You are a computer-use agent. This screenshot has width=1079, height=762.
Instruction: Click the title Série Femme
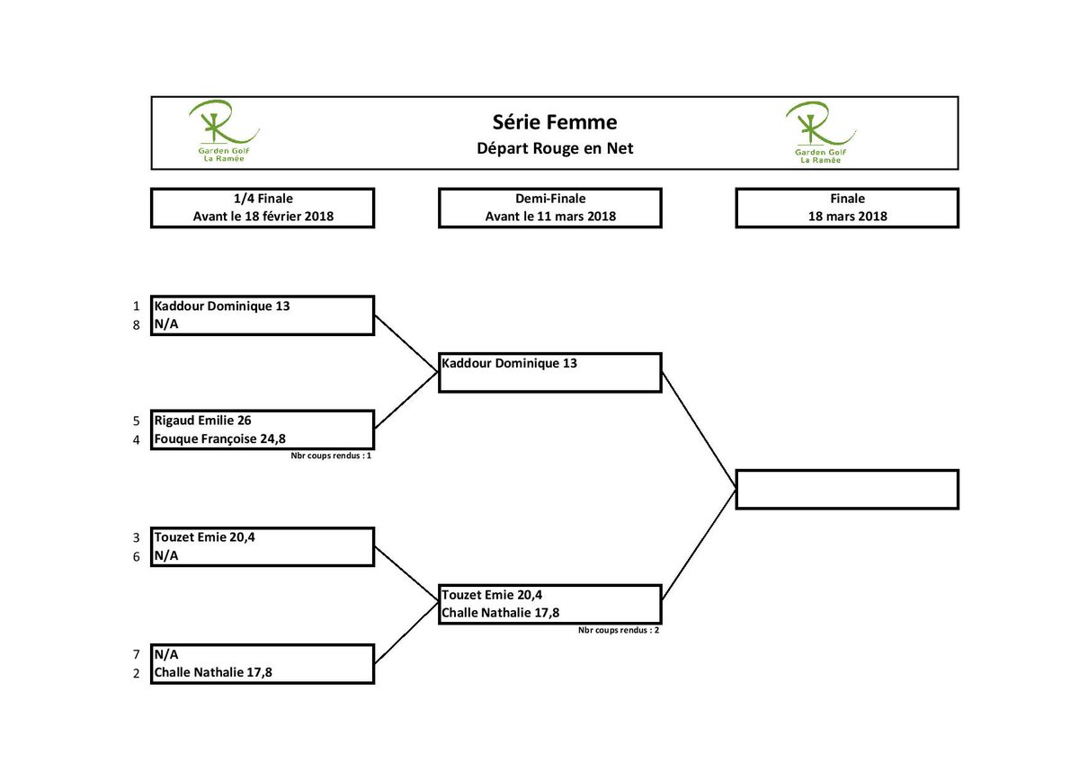click(x=554, y=121)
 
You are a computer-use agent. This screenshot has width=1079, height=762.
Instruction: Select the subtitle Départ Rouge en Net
click(x=554, y=148)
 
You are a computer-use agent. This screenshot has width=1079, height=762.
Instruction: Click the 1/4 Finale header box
click(x=262, y=208)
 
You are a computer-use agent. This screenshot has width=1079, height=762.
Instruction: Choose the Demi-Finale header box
click(x=550, y=208)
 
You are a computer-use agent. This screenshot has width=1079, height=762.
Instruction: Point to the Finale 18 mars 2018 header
click(x=847, y=208)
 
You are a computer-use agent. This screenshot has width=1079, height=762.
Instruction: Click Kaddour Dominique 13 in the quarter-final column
click(x=222, y=306)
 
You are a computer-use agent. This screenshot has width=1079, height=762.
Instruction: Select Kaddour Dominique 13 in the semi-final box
click(x=509, y=364)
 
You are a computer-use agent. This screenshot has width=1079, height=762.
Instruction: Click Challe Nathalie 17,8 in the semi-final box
click(x=501, y=614)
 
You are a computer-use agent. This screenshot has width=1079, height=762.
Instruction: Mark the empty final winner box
click(x=847, y=489)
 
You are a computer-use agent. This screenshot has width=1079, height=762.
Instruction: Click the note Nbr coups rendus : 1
click(x=331, y=456)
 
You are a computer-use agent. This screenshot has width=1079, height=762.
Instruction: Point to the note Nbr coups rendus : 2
click(x=619, y=631)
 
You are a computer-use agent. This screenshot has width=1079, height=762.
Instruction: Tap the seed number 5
click(x=137, y=421)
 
